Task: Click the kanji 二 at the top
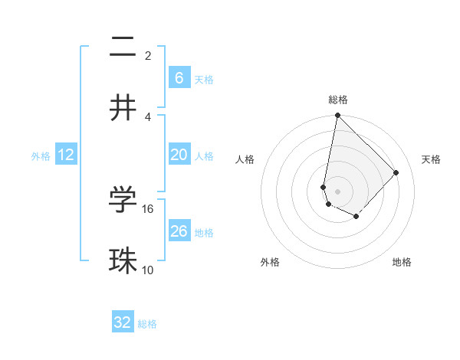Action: point(123,47)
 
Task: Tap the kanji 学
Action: point(123,200)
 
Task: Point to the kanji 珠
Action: point(123,260)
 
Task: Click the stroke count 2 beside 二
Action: point(148,56)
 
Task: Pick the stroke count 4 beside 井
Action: point(148,116)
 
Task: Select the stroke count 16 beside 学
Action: point(148,208)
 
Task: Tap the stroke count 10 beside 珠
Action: point(148,270)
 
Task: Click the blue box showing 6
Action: point(179,77)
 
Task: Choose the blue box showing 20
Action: point(179,155)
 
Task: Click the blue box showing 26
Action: point(179,231)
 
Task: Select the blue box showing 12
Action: point(65,155)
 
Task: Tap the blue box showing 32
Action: point(123,322)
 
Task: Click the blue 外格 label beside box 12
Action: point(41,156)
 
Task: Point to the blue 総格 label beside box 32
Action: point(147,324)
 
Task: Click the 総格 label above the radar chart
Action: point(338,100)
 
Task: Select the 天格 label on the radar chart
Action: point(431,159)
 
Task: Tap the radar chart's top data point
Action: point(337,116)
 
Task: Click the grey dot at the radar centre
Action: point(337,191)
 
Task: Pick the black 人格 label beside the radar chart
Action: point(245,159)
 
